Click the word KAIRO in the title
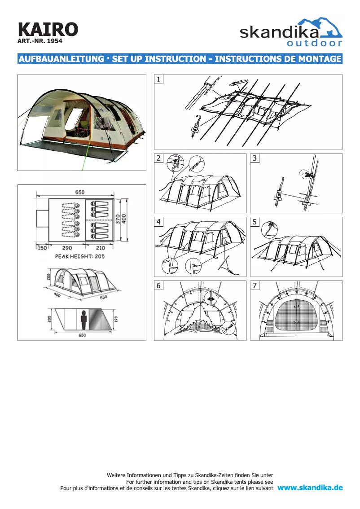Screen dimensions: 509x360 pos(48,29)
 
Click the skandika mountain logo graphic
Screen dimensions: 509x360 pos(325,27)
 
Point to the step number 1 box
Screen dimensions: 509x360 pos(159,79)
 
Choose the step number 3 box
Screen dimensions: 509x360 pos(255,158)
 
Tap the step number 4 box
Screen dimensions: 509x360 pos(159,222)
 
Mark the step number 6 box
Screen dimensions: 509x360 pos(159,285)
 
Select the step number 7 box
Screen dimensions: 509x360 pos(255,285)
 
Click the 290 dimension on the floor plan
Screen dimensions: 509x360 pos(67,248)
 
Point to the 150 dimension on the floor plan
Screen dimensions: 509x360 pos(42,248)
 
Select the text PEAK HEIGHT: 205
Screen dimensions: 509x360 pos(79,257)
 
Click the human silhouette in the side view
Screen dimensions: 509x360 pos(83,320)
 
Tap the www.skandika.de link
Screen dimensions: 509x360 pos(310,488)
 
